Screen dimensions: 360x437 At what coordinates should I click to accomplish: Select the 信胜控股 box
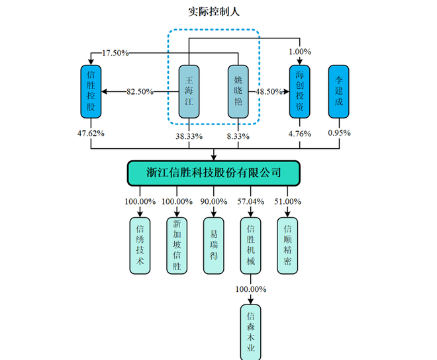click(x=90, y=91)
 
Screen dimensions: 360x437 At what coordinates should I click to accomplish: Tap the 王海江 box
click(x=189, y=91)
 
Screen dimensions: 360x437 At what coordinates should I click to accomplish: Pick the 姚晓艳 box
click(x=238, y=91)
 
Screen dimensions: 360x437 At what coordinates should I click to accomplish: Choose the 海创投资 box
click(x=299, y=91)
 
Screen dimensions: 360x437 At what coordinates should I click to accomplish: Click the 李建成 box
click(x=339, y=91)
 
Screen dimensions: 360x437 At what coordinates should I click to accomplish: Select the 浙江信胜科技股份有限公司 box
click(x=213, y=173)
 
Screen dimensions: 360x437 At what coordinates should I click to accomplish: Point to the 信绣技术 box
click(x=140, y=246)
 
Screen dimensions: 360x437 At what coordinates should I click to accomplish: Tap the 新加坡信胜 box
click(x=176, y=246)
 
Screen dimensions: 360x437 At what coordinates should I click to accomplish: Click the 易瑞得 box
click(x=213, y=246)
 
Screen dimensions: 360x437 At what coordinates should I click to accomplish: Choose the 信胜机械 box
click(x=250, y=246)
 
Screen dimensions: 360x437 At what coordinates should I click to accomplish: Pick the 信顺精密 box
click(x=287, y=246)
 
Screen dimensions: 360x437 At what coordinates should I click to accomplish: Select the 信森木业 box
click(x=250, y=332)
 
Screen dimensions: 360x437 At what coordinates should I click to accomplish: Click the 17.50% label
click(x=115, y=53)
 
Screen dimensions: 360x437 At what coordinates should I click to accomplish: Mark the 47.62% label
click(x=91, y=133)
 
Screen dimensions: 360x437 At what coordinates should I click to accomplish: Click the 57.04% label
click(x=250, y=201)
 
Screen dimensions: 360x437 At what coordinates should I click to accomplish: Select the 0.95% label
click(x=339, y=133)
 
